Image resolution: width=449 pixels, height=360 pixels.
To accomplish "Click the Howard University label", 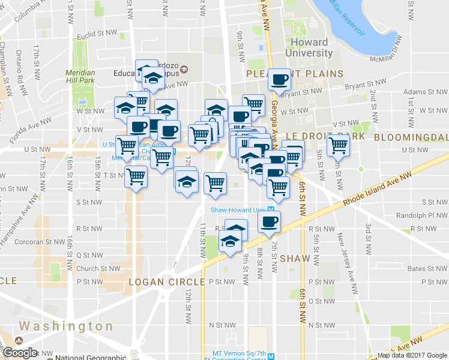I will (x=309, y=47).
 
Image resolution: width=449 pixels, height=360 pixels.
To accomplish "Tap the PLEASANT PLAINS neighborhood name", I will (x=295, y=74).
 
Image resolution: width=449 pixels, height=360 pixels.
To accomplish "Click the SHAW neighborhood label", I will (x=295, y=259).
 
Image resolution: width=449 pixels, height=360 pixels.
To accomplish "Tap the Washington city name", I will (x=66, y=326).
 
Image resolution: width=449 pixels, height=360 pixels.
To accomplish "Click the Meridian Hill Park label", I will (x=80, y=76).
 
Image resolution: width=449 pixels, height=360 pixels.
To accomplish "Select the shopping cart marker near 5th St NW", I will (x=338, y=144).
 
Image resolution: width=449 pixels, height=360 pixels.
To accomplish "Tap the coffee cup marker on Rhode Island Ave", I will (x=268, y=221).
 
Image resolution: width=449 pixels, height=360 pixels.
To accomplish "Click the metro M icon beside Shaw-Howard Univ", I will (x=271, y=210).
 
